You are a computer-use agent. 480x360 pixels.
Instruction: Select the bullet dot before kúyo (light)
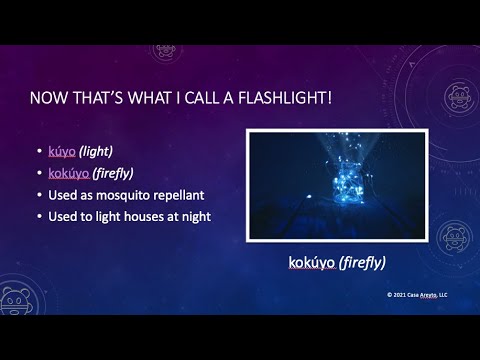pos(38,152)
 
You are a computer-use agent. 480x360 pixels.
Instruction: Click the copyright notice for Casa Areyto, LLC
pos(419,295)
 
